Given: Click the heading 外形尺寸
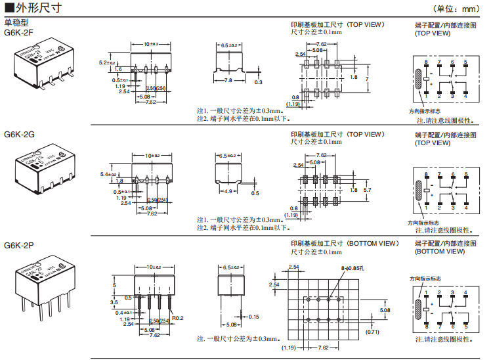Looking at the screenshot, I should (x=39, y=9).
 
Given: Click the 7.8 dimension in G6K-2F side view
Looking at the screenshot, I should (x=228, y=80).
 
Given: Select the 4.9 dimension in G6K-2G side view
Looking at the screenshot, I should (x=229, y=191).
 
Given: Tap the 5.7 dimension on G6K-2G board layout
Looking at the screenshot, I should (x=368, y=189).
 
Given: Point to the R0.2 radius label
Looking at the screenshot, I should (x=177, y=319).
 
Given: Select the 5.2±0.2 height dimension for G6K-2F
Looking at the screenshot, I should (x=106, y=63).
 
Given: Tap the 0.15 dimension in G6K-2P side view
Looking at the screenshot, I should (x=253, y=317).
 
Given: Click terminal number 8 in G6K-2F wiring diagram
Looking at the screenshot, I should (x=426, y=62).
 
